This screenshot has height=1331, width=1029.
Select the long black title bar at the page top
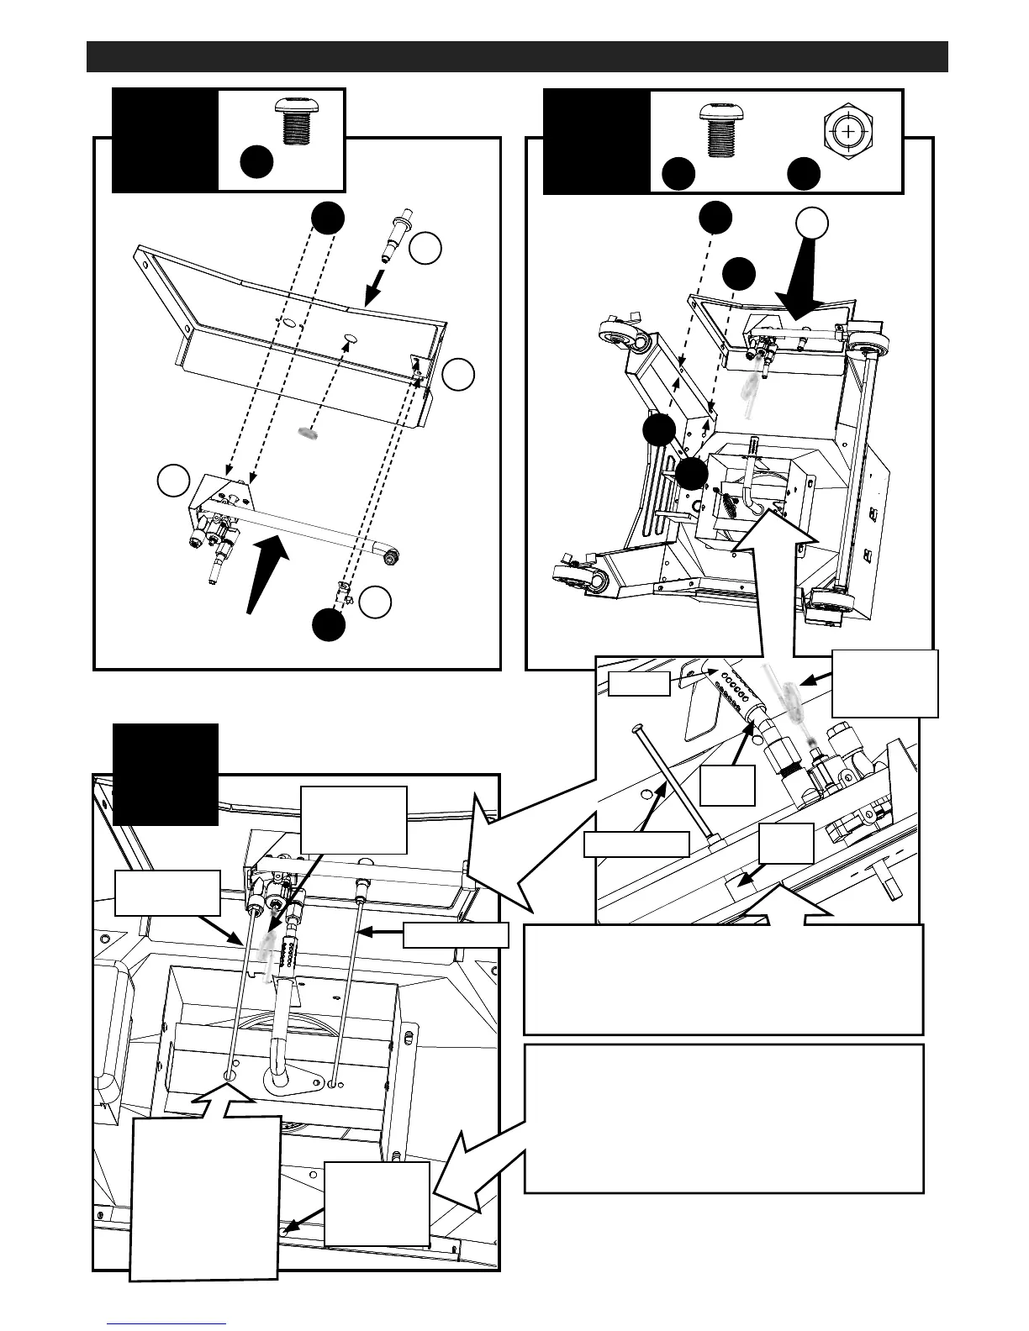[x=517, y=56]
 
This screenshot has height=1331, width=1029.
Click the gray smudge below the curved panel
[x=309, y=433]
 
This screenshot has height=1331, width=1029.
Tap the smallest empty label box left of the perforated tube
[x=640, y=683]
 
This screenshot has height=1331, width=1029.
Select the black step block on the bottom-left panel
[x=166, y=774]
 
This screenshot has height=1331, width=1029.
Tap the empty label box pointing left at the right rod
[x=456, y=935]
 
